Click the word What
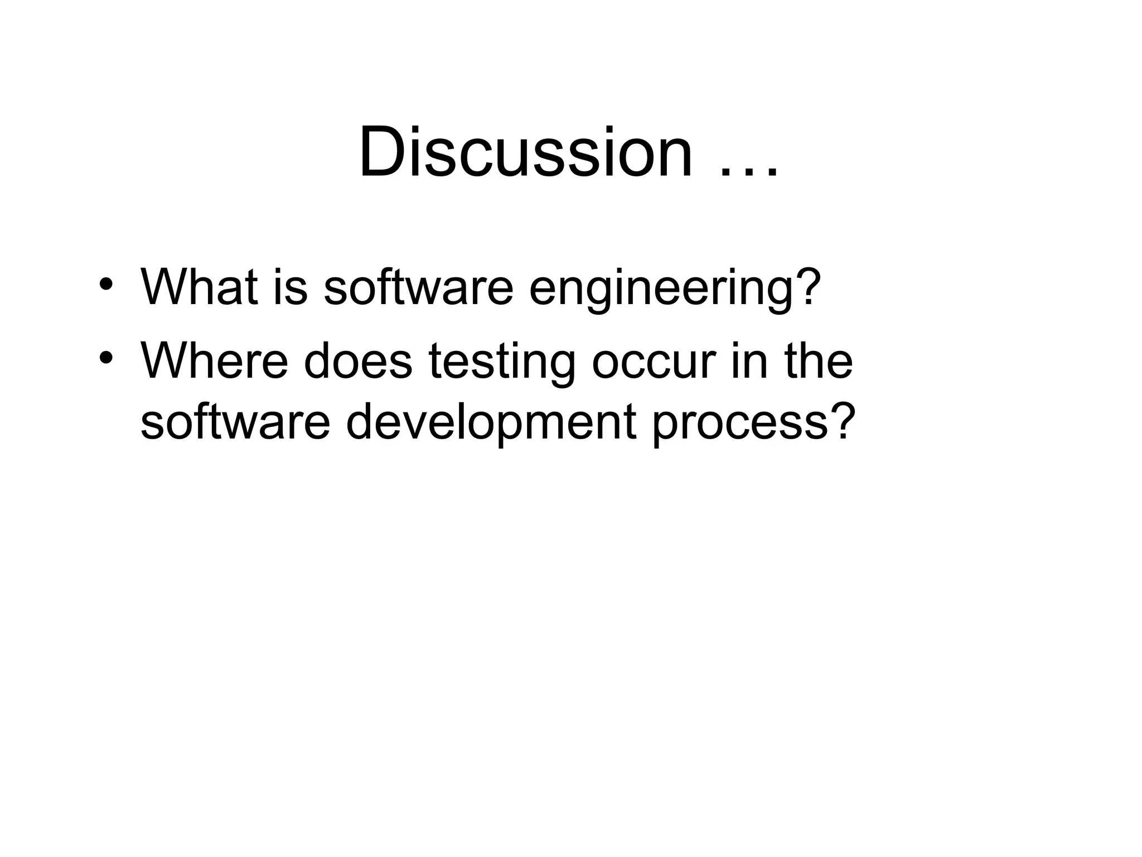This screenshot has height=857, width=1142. pyautogui.click(x=199, y=287)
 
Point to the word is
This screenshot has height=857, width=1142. pyautogui.click(x=290, y=287)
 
